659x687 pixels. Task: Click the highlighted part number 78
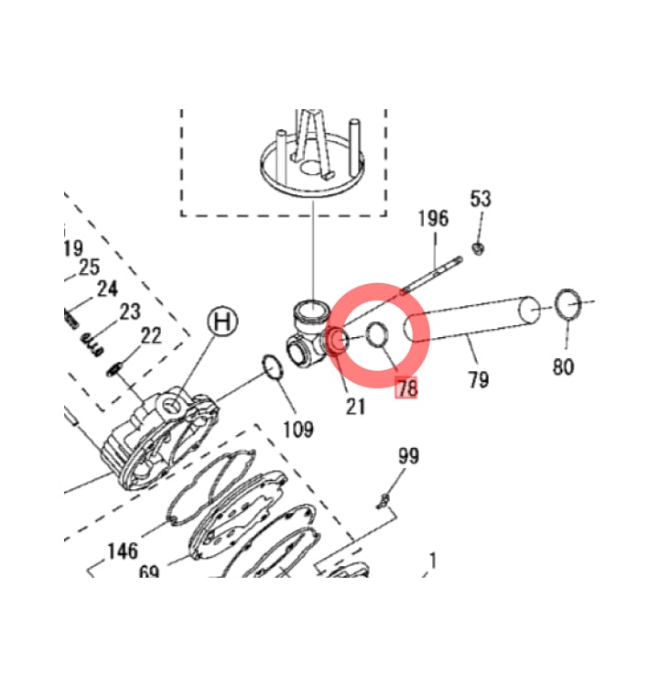tap(406, 388)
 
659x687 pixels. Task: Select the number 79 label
tap(479, 379)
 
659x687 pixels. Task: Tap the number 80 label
tap(563, 366)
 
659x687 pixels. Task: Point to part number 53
tap(481, 199)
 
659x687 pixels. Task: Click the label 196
tap(434, 218)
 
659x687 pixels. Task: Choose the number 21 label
tap(355, 407)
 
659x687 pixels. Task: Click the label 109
tap(298, 430)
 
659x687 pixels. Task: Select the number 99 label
tap(408, 456)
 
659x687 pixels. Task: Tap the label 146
tap(123, 551)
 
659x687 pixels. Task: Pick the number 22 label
tap(151, 335)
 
